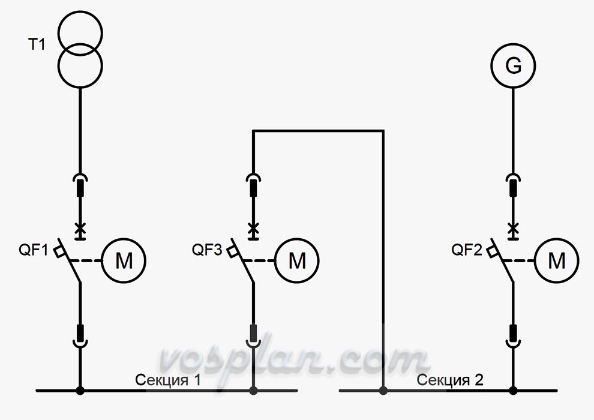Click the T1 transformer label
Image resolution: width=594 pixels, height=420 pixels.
point(37,44)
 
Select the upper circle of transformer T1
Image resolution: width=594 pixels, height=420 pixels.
point(80,12)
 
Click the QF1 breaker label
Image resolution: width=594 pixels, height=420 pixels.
point(34,250)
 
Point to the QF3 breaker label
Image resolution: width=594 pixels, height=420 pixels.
point(207,250)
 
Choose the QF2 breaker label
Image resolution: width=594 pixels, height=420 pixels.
point(466,250)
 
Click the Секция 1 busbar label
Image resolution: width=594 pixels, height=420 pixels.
point(168,380)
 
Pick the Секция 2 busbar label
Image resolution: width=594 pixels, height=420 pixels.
point(450,380)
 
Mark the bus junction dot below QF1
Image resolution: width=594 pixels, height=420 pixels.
point(80,391)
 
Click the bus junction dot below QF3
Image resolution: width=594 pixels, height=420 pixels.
point(253,391)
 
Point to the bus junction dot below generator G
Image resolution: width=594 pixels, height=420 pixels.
point(514,391)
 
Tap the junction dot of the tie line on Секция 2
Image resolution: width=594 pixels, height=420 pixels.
point(383,391)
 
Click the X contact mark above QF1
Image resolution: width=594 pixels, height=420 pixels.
point(80,229)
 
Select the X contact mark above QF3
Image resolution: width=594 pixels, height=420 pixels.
point(253,229)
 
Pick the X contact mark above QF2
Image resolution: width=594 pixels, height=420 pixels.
point(514,229)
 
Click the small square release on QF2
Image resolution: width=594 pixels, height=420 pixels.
point(492,251)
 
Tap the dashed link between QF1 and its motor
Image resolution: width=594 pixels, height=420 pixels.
point(86,261)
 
